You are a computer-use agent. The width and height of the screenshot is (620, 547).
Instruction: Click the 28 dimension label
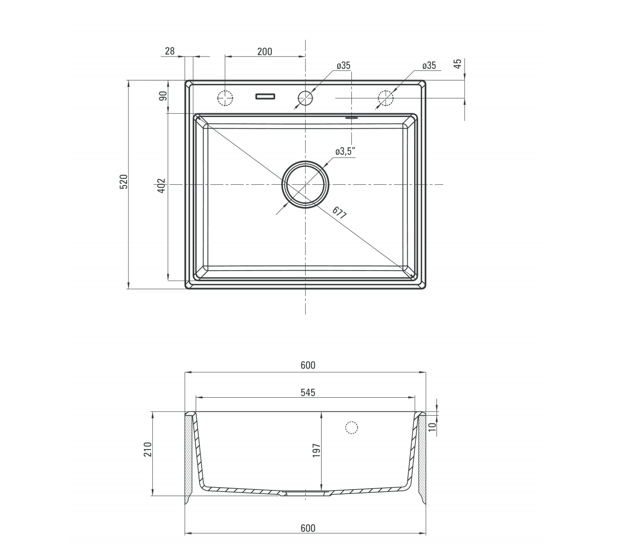(170, 51)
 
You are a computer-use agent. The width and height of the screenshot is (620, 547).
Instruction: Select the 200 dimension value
(265, 51)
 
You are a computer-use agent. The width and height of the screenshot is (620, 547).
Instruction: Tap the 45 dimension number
(458, 64)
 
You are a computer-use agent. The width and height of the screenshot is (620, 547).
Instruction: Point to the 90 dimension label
(163, 96)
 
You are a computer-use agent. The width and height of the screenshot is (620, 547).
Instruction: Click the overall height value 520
(124, 182)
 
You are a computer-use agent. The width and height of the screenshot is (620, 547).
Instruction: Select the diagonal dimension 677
(339, 212)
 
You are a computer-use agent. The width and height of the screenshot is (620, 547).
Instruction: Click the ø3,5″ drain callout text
(345, 151)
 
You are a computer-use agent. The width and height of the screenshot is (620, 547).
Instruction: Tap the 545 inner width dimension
(308, 392)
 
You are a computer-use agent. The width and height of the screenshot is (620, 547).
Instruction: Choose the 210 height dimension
(148, 450)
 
